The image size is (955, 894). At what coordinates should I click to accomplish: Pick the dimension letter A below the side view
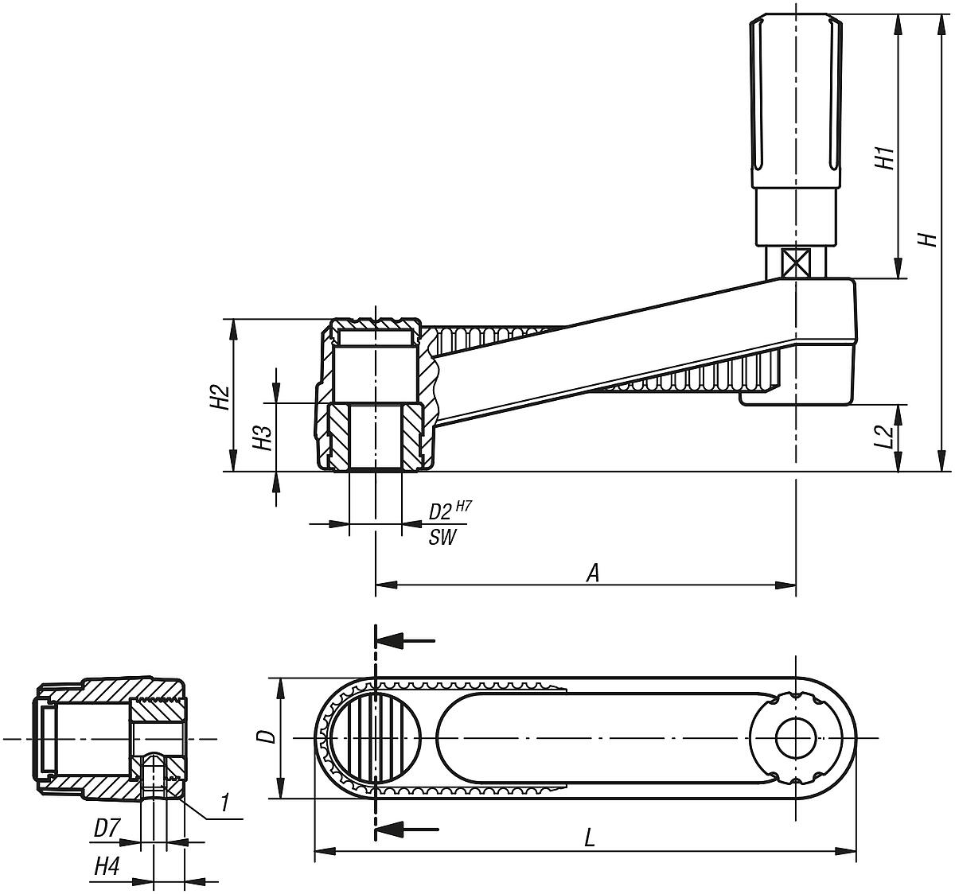pos(591,573)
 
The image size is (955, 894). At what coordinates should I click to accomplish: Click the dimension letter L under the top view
pos(589,838)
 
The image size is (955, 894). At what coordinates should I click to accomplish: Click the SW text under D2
pos(442,538)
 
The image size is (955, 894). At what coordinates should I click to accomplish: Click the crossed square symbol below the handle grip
pos(795,262)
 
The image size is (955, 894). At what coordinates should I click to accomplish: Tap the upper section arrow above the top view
pos(406,639)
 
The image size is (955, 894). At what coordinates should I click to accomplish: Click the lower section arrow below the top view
pos(406,830)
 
